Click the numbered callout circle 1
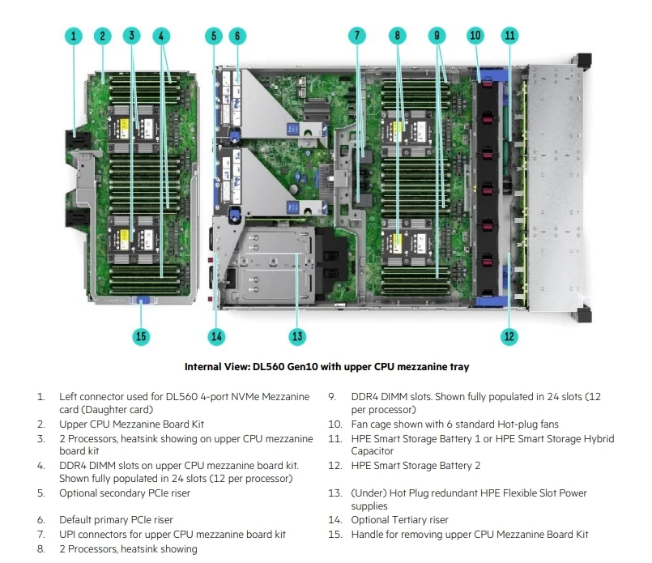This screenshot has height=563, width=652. tap(74, 36)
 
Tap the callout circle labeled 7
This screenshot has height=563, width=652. tap(357, 36)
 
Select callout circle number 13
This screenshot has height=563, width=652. tap(296, 336)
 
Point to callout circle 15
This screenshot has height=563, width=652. tap(142, 336)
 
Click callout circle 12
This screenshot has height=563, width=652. tap(509, 336)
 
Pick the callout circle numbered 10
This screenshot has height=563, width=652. tap(475, 36)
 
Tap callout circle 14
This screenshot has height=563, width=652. tap(215, 336)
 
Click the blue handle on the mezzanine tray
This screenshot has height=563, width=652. tap(142, 301)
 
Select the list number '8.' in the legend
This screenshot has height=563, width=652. tap(40, 549)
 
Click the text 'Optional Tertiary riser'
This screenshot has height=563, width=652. tap(399, 520)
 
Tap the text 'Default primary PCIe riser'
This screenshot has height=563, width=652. tap(116, 520)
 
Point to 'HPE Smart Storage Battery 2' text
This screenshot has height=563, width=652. tap(415, 466)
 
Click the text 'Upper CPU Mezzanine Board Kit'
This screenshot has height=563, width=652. tap(131, 424)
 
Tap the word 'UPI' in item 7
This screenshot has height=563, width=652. tap(68, 534)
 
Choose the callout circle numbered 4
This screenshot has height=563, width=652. tap(161, 36)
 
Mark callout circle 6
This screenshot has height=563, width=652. tap(237, 36)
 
